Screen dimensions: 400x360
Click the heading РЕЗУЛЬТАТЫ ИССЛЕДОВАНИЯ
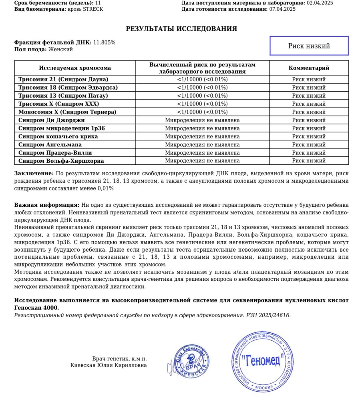181,29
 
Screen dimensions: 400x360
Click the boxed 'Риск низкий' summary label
309,46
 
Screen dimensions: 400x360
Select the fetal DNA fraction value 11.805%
104,42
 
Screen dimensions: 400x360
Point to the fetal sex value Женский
60,50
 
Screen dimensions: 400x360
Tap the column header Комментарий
309,68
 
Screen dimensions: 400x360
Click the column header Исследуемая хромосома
75,68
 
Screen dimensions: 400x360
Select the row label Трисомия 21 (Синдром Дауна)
63,79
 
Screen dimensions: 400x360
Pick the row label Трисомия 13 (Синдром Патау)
63,96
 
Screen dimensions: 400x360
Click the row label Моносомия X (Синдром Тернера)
67,112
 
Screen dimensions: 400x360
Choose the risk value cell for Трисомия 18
202,88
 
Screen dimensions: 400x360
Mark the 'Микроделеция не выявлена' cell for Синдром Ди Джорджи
202,120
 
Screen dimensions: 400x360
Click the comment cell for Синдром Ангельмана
309,144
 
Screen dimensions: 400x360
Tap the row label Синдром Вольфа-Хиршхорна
61,161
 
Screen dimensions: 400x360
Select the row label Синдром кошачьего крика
58,136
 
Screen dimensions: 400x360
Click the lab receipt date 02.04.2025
320,3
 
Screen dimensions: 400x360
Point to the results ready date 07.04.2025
282,9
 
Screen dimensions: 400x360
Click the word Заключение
34,174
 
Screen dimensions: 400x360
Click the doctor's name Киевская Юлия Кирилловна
109,365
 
